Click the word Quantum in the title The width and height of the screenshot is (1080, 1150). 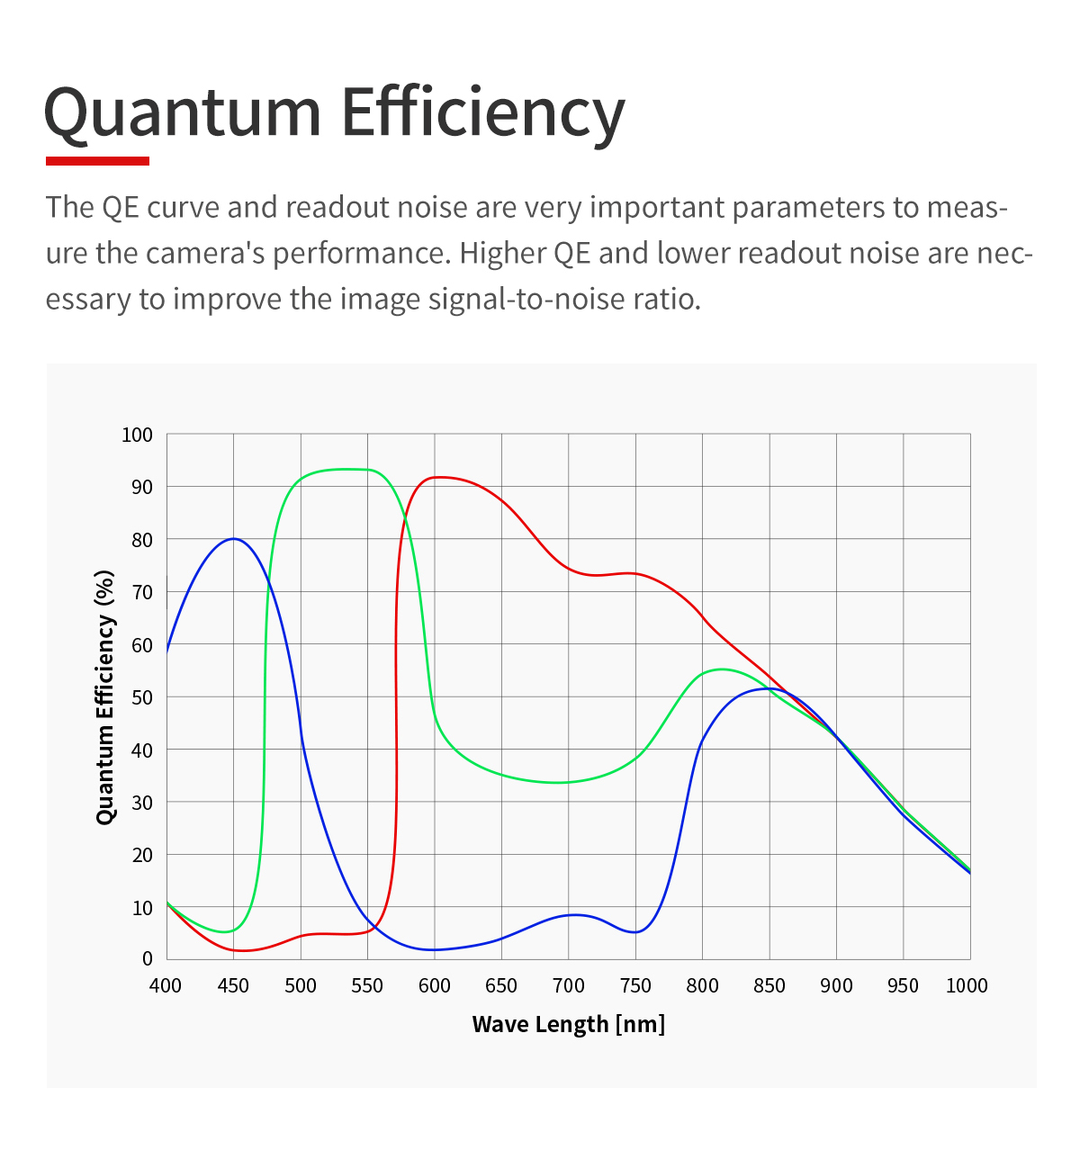pos(183,113)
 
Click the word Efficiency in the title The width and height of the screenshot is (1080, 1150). pos(482,113)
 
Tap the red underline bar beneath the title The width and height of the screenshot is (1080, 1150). pos(97,161)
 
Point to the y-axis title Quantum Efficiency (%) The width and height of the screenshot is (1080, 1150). pos(106,696)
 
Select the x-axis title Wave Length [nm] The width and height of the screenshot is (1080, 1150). pos(568,1024)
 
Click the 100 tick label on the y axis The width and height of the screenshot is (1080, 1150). pos(138,436)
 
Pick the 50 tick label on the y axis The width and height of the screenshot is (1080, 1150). pos(142,697)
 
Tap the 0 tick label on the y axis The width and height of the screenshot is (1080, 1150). pos(148,959)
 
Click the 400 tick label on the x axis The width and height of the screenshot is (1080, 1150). pos(166,986)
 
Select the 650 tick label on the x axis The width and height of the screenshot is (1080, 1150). pos(501,986)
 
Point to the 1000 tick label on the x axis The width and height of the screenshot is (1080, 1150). pos(967,986)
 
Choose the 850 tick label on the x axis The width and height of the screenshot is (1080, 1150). pos(769,986)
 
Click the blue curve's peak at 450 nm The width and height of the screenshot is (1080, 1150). pos(234,538)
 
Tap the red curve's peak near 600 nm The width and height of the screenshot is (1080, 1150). pos(436,477)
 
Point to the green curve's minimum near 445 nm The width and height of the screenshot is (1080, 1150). pos(226,931)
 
